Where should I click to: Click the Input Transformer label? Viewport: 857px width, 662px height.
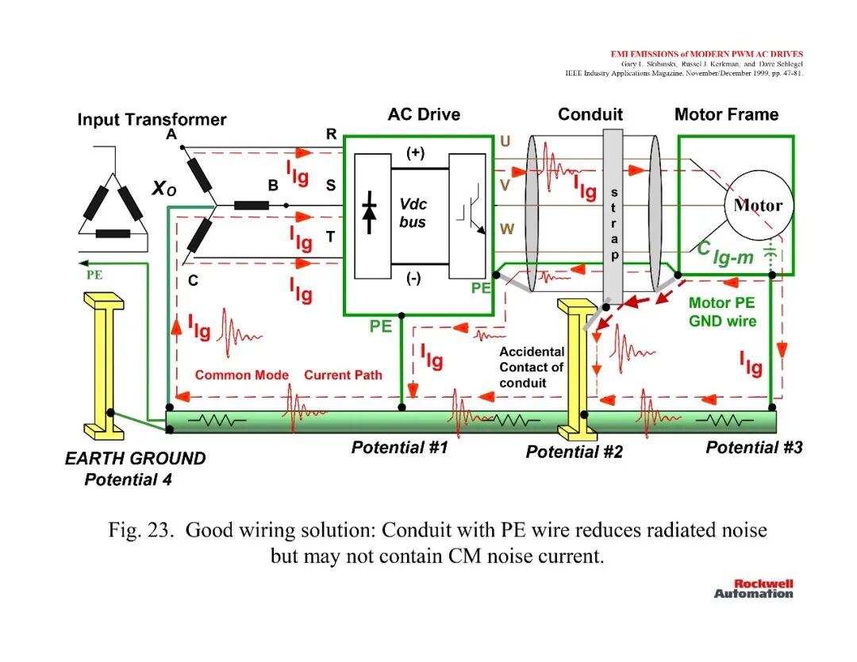[152, 119]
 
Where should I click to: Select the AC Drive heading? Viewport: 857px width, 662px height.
[424, 114]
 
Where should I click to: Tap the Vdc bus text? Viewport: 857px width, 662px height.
[413, 213]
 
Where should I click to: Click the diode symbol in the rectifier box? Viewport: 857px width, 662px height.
[370, 212]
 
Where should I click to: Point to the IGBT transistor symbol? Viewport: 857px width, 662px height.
[471, 210]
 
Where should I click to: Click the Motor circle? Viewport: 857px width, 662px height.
[758, 206]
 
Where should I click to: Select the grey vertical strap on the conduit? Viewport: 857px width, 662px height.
[613, 215]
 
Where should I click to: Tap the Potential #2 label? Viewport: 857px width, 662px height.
[574, 452]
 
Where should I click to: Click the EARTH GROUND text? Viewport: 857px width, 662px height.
[135, 458]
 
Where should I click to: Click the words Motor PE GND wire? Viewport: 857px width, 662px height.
[722, 312]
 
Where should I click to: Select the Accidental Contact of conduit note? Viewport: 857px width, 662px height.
[531, 367]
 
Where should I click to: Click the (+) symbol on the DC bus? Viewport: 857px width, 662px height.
[415, 152]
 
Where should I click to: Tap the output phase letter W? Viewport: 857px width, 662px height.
[506, 229]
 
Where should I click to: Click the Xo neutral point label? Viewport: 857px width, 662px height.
[164, 188]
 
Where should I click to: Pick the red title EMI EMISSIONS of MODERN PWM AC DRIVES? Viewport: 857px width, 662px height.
[707, 54]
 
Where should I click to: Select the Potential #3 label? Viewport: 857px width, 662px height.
[755, 447]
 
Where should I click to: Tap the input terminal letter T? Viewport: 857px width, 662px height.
[330, 237]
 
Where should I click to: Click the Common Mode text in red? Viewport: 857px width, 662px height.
[241, 375]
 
